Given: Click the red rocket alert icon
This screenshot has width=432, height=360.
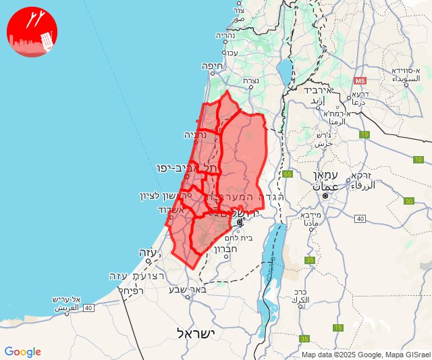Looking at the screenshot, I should point(32,32).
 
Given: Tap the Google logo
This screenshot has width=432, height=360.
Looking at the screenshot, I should point(22,352).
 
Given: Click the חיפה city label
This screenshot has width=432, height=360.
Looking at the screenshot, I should point(213,66).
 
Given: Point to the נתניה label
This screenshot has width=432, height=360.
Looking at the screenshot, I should point(195,134).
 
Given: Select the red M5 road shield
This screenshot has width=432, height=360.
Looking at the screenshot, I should point(360,81).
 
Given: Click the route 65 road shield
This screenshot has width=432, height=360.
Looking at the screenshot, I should point(288,174).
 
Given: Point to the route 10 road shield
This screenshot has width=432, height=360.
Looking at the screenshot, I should point(418,159).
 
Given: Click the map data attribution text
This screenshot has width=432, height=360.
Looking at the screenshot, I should point(365,355).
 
